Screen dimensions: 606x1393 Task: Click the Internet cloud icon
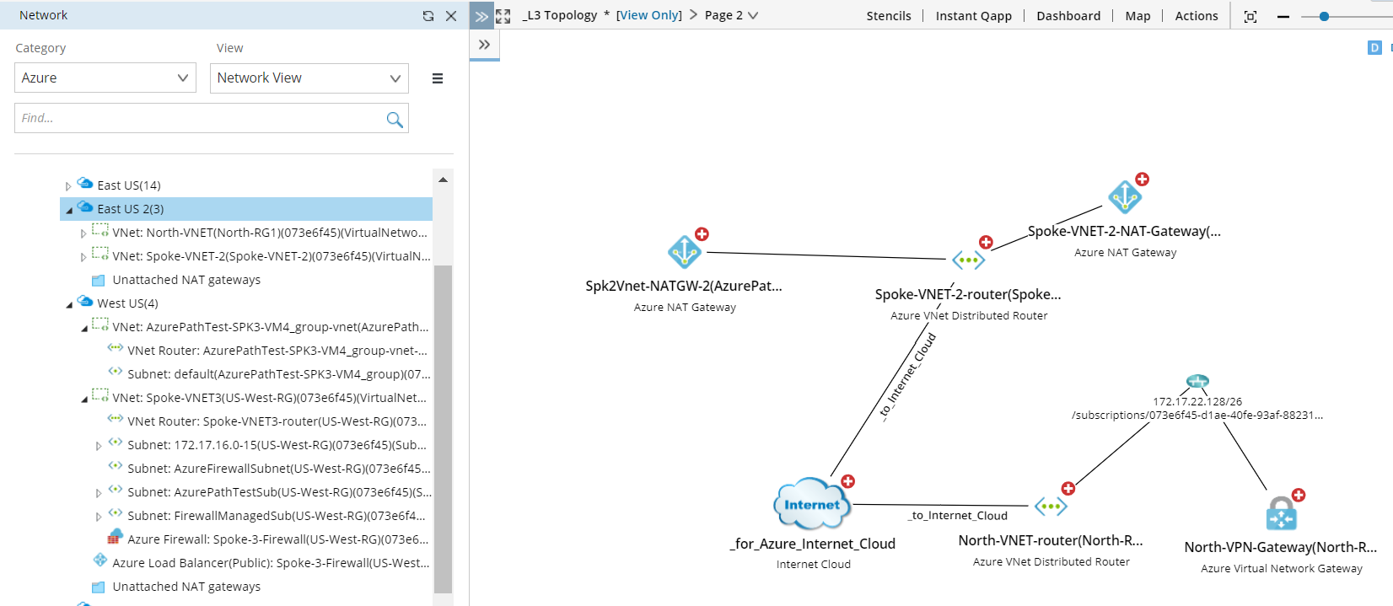pyautogui.click(x=811, y=504)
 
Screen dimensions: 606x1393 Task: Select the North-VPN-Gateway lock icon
pyautogui.click(x=1281, y=512)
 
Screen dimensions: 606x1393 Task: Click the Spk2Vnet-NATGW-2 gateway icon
pyautogui.click(x=684, y=251)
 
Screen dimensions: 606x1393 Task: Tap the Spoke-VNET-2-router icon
pyautogui.click(x=968, y=260)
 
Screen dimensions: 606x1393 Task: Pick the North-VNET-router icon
pyautogui.click(x=1051, y=507)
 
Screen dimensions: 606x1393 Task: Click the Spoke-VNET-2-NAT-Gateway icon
pyautogui.click(x=1125, y=197)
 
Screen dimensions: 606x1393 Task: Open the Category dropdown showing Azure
pyautogui.click(x=105, y=78)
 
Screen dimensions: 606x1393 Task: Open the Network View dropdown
pyautogui.click(x=309, y=78)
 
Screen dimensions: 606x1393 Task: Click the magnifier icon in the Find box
pyautogui.click(x=394, y=119)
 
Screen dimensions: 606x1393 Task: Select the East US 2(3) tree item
pyautogui.click(x=131, y=209)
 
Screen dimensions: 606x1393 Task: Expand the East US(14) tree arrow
pyautogui.click(x=68, y=186)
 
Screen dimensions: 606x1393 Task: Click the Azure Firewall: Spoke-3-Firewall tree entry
pyautogui.click(x=277, y=539)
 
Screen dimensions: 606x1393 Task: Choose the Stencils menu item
pyautogui.click(x=889, y=16)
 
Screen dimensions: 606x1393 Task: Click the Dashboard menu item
pyautogui.click(x=1068, y=16)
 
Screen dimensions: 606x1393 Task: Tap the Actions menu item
pyautogui.click(x=1196, y=16)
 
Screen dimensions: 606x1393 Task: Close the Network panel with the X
pyautogui.click(x=451, y=16)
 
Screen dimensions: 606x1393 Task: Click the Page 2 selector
pyautogui.click(x=731, y=15)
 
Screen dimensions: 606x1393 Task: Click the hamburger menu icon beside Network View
pyautogui.click(x=438, y=78)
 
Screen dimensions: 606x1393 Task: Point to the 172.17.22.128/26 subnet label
pyautogui.click(x=1197, y=402)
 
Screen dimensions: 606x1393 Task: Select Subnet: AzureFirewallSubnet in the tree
pyautogui.click(x=278, y=469)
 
